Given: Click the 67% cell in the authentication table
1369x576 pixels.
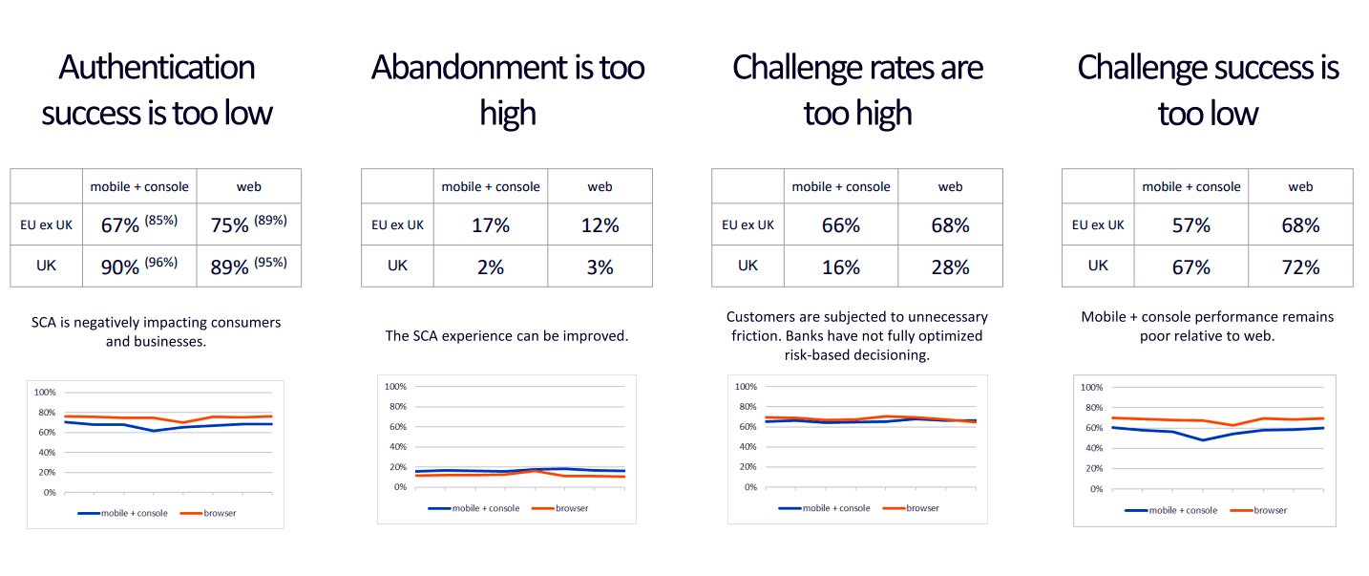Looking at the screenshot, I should [x=120, y=225].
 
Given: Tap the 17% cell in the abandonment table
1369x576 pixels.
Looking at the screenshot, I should [x=491, y=225].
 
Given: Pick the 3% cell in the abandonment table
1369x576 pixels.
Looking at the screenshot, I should [x=600, y=267].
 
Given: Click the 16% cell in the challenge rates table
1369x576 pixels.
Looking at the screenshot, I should [x=841, y=267].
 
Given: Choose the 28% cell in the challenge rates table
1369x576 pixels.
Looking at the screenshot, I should [x=950, y=267].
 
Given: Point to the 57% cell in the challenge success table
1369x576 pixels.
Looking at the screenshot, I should [x=1191, y=225].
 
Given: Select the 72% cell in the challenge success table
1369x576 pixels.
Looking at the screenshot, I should [x=1300, y=267].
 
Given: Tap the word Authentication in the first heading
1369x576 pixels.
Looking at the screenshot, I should [x=157, y=68].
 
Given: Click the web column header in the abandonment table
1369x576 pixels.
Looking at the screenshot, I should [x=600, y=187].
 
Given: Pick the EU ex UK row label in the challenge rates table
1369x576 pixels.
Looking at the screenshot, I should [x=748, y=225].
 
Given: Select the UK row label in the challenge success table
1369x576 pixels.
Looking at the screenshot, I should [x=1098, y=266].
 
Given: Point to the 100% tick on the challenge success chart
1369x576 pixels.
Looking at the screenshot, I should [x=1090, y=388].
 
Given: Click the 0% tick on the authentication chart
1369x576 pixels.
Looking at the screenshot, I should [x=49, y=493].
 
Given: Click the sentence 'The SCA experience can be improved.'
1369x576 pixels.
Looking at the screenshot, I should [x=507, y=336].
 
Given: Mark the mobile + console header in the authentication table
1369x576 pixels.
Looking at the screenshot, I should [x=139, y=187].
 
